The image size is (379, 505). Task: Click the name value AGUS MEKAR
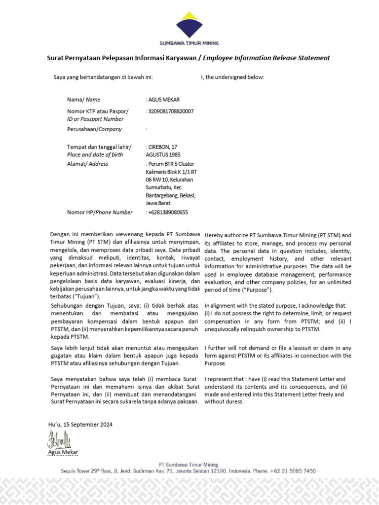(164, 100)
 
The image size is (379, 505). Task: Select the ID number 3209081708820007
(171, 111)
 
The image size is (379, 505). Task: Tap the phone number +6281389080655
(168, 213)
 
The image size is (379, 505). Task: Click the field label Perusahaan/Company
(94, 129)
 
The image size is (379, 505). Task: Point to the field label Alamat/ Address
(87, 164)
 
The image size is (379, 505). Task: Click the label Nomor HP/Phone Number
(100, 213)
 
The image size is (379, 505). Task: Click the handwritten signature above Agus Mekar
(59, 439)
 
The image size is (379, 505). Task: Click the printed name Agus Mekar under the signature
(63, 452)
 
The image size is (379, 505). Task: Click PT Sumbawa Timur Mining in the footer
(188, 465)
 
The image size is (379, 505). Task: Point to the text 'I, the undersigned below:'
(232, 77)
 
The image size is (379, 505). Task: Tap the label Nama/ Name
(83, 100)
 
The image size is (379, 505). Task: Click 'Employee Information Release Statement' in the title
(266, 58)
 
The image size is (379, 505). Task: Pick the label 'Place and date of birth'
(95, 154)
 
